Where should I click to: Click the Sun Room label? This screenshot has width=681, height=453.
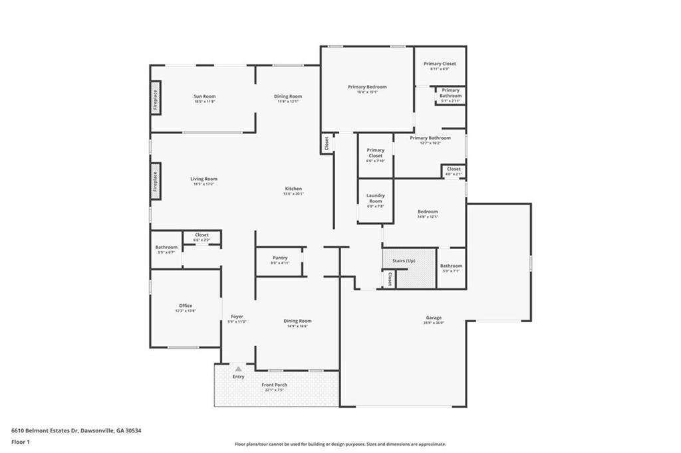click(204, 96)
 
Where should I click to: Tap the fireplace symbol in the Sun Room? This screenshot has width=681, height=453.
click(155, 98)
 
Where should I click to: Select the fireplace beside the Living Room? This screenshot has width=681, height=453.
click(155, 181)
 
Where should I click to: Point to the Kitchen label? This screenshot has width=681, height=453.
click(293, 189)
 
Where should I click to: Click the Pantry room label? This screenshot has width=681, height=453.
click(280, 258)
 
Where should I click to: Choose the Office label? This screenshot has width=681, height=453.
click(186, 306)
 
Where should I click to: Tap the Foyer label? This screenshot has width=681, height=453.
click(237, 316)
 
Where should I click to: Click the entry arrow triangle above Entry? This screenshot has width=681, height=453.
click(238, 368)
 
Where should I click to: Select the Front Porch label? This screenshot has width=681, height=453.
click(275, 385)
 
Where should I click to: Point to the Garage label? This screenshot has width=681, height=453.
click(434, 317)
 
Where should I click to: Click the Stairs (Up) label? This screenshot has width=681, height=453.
click(404, 261)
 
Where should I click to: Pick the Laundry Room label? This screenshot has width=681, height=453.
click(376, 198)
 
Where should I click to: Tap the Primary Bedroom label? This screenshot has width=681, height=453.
click(367, 87)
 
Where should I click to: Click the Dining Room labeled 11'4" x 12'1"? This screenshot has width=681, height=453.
click(288, 96)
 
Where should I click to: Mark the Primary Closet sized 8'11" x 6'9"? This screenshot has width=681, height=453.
click(440, 64)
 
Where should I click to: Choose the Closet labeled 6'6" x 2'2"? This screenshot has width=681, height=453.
click(202, 234)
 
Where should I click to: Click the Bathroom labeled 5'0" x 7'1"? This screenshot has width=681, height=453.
click(451, 266)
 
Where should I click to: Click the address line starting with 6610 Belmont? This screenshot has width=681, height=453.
click(76, 430)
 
